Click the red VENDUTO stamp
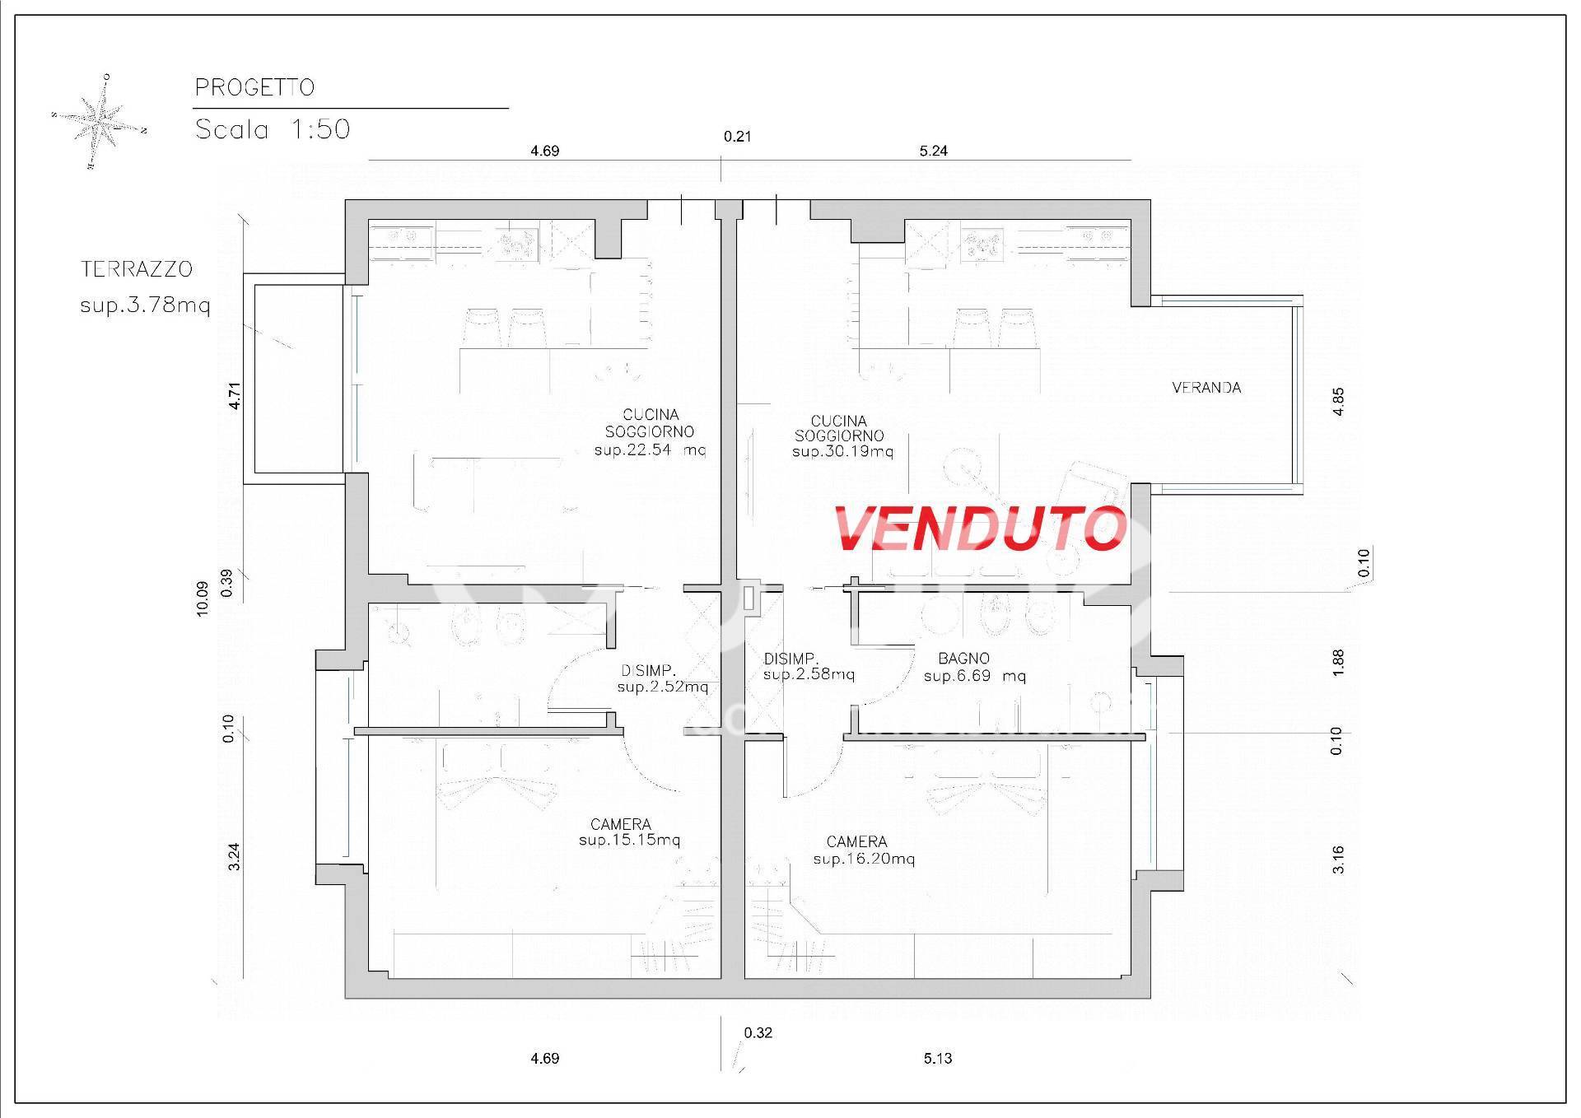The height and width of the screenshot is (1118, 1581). tap(980, 528)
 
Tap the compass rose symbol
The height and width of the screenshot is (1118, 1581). tap(99, 123)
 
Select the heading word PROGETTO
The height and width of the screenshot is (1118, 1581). tap(254, 87)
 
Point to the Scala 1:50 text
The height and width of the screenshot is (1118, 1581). tap(273, 129)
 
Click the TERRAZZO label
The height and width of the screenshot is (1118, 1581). tap(137, 269)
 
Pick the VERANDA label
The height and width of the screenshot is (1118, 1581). tap(1206, 388)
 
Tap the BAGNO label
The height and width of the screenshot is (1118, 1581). tap(963, 659)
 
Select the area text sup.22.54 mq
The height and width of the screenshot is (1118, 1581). tap(650, 450)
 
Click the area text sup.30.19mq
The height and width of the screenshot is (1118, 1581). tap(842, 452)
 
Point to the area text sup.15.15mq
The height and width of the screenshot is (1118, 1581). tap(629, 841)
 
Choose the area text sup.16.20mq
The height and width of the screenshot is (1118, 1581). tap(864, 859)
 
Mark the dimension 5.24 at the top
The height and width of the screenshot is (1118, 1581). tap(934, 151)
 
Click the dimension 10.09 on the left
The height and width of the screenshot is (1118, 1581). tap(203, 598)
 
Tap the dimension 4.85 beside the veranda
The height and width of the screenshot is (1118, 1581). tap(1338, 402)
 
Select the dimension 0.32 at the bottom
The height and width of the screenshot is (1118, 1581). tap(758, 1032)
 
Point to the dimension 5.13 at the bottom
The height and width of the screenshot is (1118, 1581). tap(938, 1059)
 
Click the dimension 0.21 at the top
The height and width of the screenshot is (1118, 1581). tap(738, 137)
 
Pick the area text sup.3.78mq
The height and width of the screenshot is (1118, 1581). tap(145, 306)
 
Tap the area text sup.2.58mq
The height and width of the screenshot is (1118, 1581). tap(809, 675)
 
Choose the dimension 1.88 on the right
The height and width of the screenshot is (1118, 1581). tap(1338, 664)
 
